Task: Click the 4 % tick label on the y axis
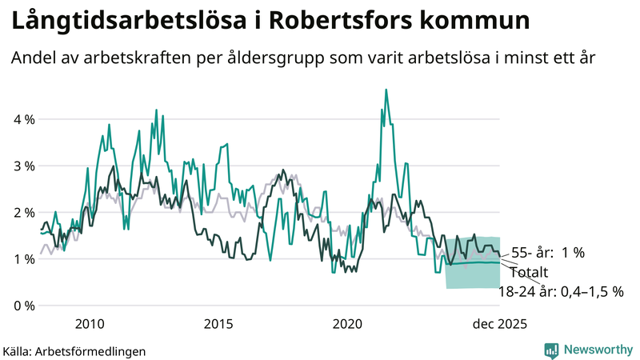23,120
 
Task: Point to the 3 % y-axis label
23,166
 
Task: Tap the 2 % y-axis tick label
23,213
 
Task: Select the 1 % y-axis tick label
23,259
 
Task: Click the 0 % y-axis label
23,306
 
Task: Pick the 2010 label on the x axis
89,324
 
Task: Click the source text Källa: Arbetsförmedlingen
74,350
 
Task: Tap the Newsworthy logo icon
551,350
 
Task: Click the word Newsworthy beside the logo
599,350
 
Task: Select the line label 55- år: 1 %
549,253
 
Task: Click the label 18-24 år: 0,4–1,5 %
561,292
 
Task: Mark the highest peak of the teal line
386,90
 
